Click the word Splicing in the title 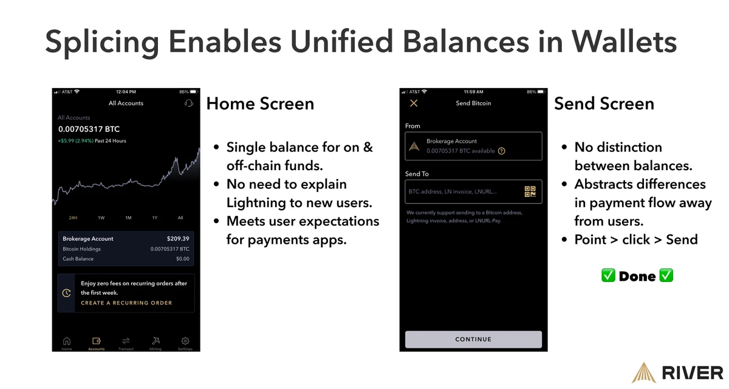pyautogui.click(x=102, y=43)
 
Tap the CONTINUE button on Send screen pyautogui.click(x=473, y=339)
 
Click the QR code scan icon pyautogui.click(x=530, y=192)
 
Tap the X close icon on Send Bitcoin pyautogui.click(x=414, y=103)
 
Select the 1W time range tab pyautogui.click(x=101, y=218)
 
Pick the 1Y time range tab pyautogui.click(x=155, y=218)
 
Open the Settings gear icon pyautogui.click(x=185, y=342)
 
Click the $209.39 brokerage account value pyautogui.click(x=178, y=239)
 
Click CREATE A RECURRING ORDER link pyautogui.click(x=126, y=303)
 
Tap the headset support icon pyautogui.click(x=188, y=103)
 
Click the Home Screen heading pyautogui.click(x=260, y=103)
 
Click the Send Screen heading pyautogui.click(x=604, y=103)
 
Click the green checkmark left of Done pyautogui.click(x=608, y=276)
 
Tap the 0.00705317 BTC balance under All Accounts pyautogui.click(x=89, y=129)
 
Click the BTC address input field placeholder pyautogui.click(x=453, y=192)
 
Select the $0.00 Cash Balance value pyautogui.click(x=183, y=259)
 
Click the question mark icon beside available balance pyautogui.click(x=501, y=151)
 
